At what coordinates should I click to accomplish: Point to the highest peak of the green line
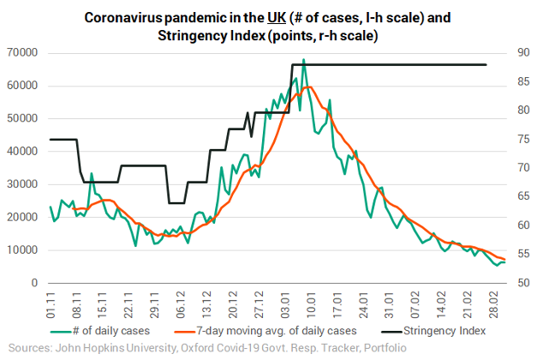click(x=303, y=60)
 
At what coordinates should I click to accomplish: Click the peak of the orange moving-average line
click(x=308, y=86)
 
